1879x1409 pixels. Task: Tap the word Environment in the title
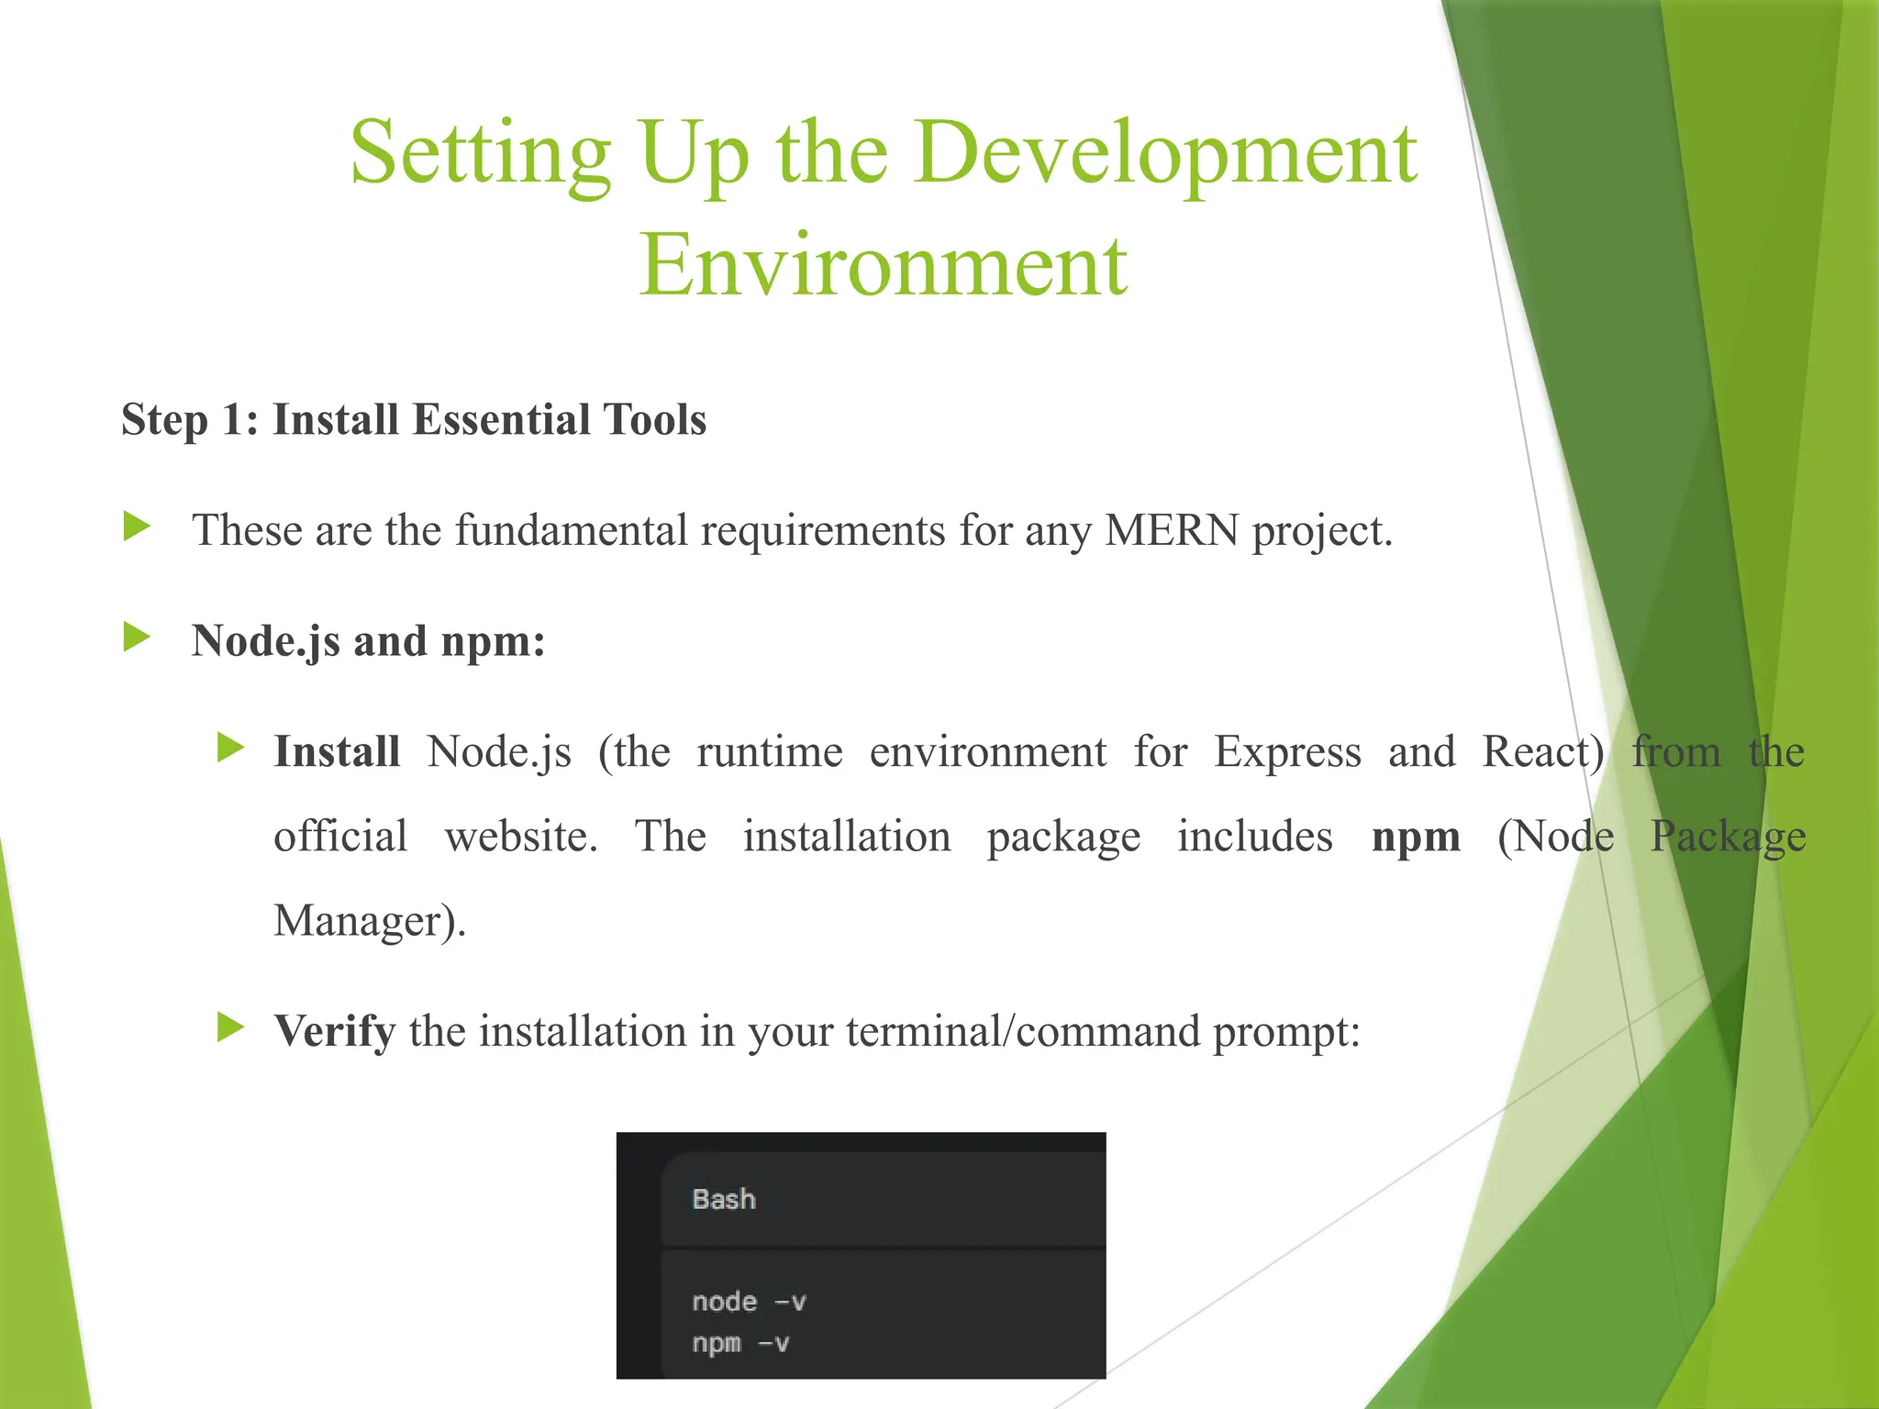tap(883, 266)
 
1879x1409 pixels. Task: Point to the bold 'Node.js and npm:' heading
tap(368, 641)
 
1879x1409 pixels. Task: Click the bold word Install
tap(337, 752)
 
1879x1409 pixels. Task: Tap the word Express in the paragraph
tap(1287, 752)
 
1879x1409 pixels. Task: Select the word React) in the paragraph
tap(1543, 752)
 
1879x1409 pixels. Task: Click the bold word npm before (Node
tap(1416, 837)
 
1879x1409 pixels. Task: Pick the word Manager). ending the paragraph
tap(370, 921)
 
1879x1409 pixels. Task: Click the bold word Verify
tap(335, 1032)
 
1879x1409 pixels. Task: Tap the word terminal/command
tap(1022, 1032)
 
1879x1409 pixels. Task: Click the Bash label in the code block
tap(724, 1200)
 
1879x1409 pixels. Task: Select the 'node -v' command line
tap(749, 1302)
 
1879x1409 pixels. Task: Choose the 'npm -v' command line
tap(740, 1344)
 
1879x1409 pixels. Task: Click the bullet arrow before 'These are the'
tap(137, 527)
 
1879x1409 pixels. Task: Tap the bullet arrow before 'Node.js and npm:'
tap(137, 637)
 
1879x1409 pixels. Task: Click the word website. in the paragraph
tap(521, 837)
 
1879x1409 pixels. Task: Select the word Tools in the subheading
tap(655, 420)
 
